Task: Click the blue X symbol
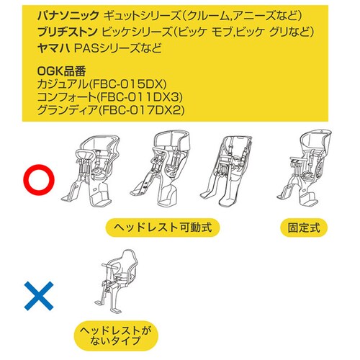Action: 39,296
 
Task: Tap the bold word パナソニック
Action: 68,16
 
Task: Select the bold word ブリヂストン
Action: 68,32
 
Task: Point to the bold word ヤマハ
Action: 54,48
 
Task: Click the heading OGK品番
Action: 62,71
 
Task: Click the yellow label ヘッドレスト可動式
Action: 163,228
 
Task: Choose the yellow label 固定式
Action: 304,228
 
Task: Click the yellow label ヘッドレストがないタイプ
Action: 116,336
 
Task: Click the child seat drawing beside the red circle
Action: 90,171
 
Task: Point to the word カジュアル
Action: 63,84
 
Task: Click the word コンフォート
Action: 66,97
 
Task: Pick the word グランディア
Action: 67,110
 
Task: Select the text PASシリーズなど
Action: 117,48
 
